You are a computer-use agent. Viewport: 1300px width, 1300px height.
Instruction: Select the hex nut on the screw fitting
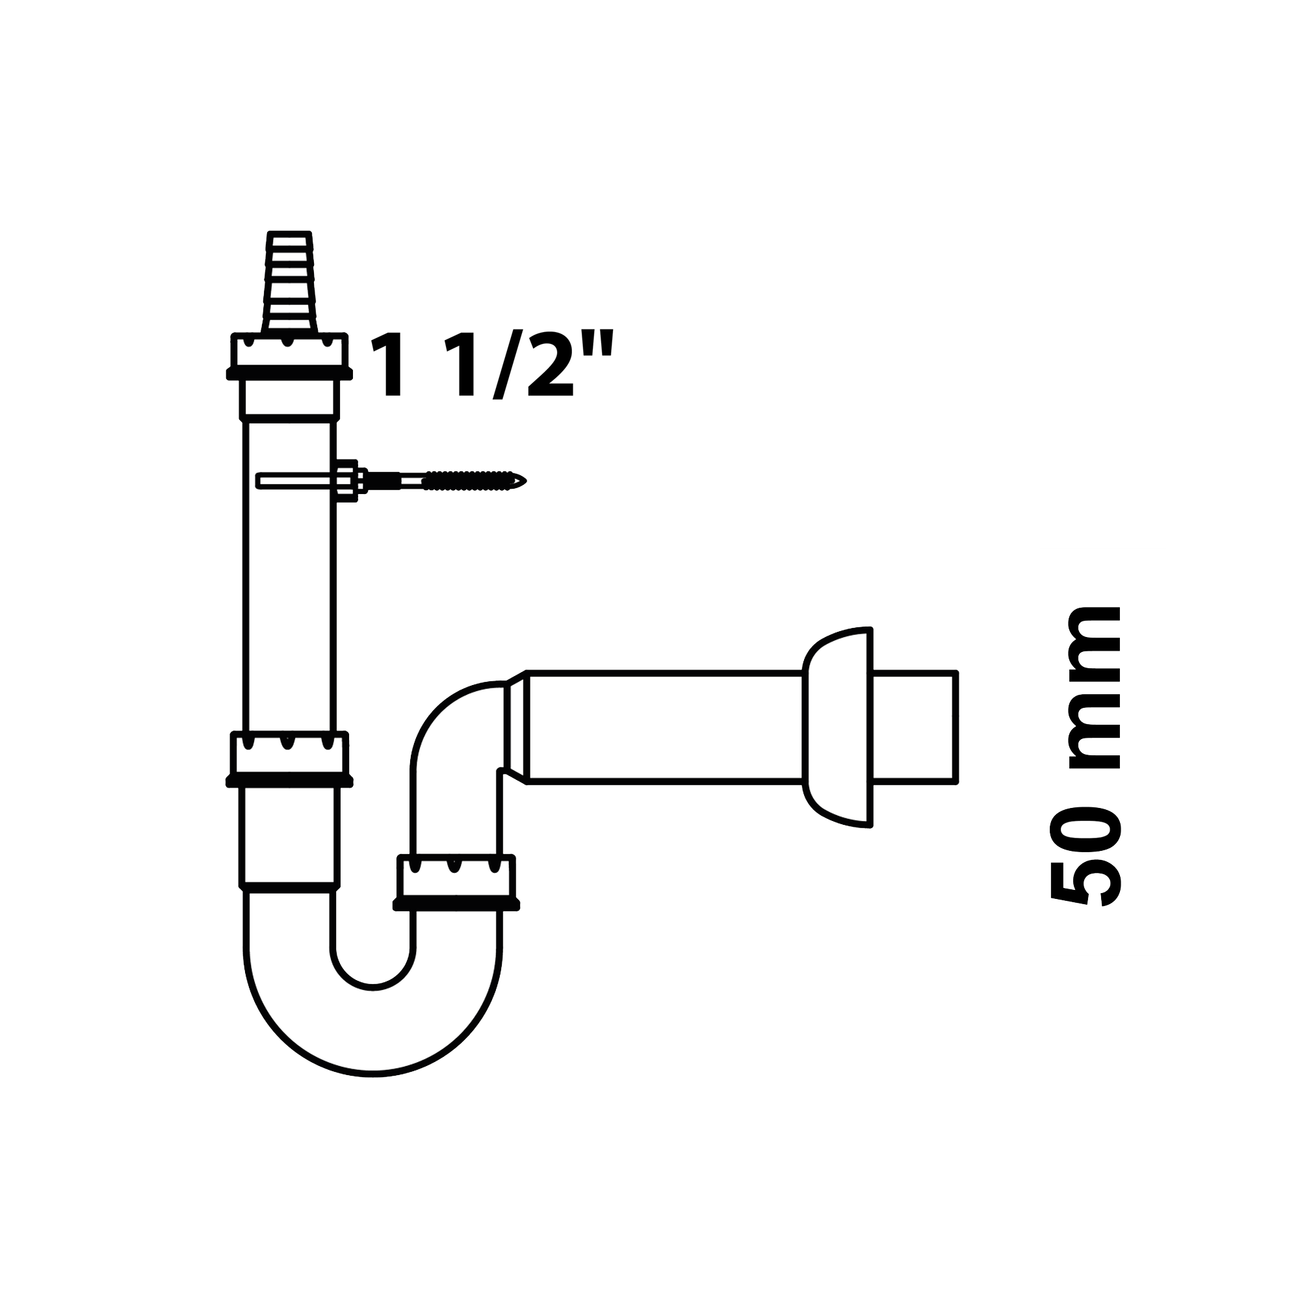click(x=347, y=480)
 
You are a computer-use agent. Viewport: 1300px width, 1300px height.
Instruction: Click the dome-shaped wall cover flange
click(x=838, y=727)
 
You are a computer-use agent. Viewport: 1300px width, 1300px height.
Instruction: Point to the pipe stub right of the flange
click(x=914, y=727)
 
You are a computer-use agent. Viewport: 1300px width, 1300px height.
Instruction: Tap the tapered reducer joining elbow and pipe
click(x=516, y=728)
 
